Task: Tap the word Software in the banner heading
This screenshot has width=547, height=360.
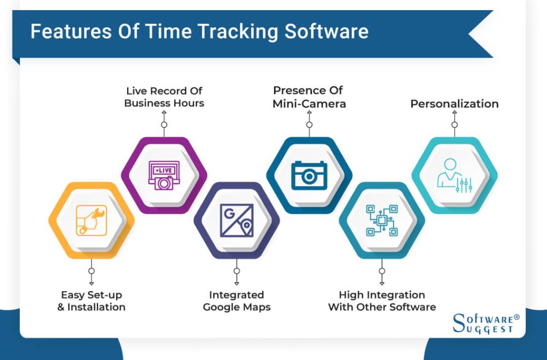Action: coord(326,32)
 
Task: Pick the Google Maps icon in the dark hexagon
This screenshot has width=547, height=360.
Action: coord(237,220)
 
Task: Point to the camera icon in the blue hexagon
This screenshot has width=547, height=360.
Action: coord(309,175)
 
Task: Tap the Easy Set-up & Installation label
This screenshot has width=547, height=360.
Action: coord(91,301)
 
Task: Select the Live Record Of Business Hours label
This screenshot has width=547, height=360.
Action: coord(164,97)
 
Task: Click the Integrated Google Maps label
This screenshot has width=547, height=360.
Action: coord(237,301)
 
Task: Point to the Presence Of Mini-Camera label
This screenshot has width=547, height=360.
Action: coord(309,97)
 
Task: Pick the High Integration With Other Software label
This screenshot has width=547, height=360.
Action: coord(381,301)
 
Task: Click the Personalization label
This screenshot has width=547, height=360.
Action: coord(454,104)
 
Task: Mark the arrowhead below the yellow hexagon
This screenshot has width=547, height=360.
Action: coord(91,283)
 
